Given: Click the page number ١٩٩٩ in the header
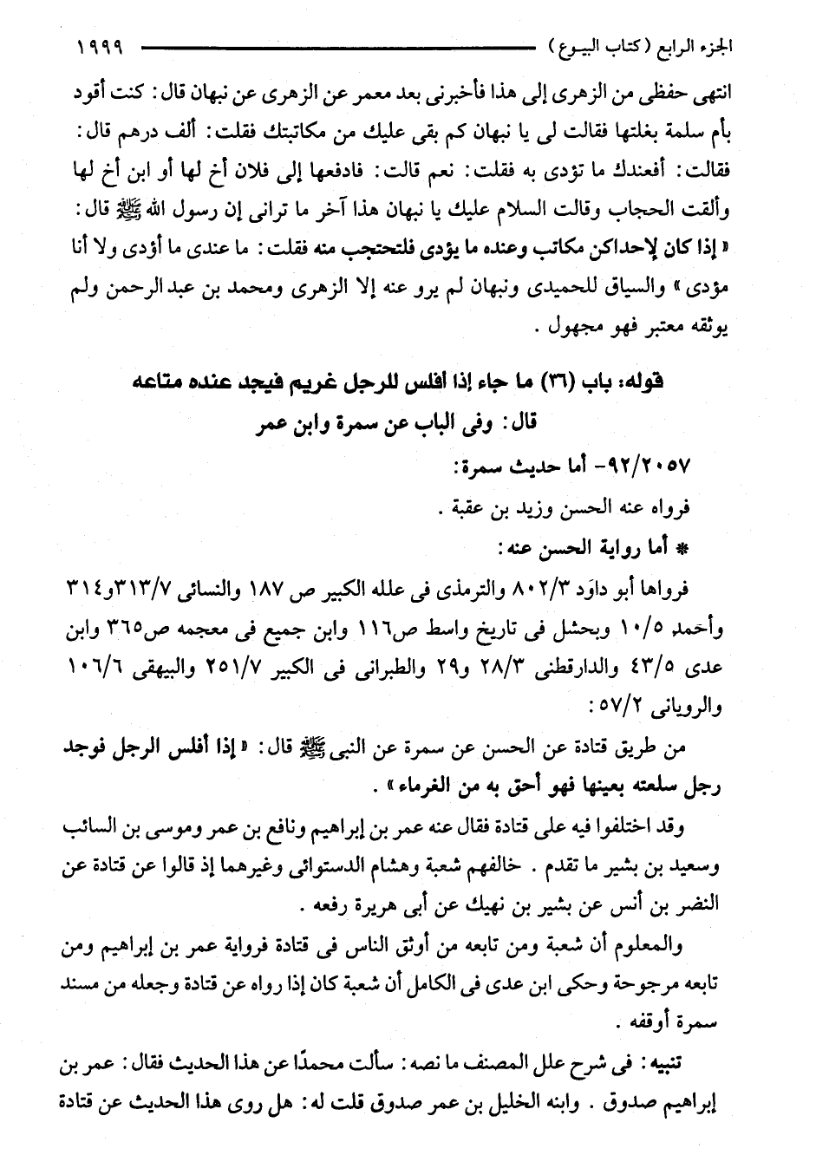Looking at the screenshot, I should point(101,44).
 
